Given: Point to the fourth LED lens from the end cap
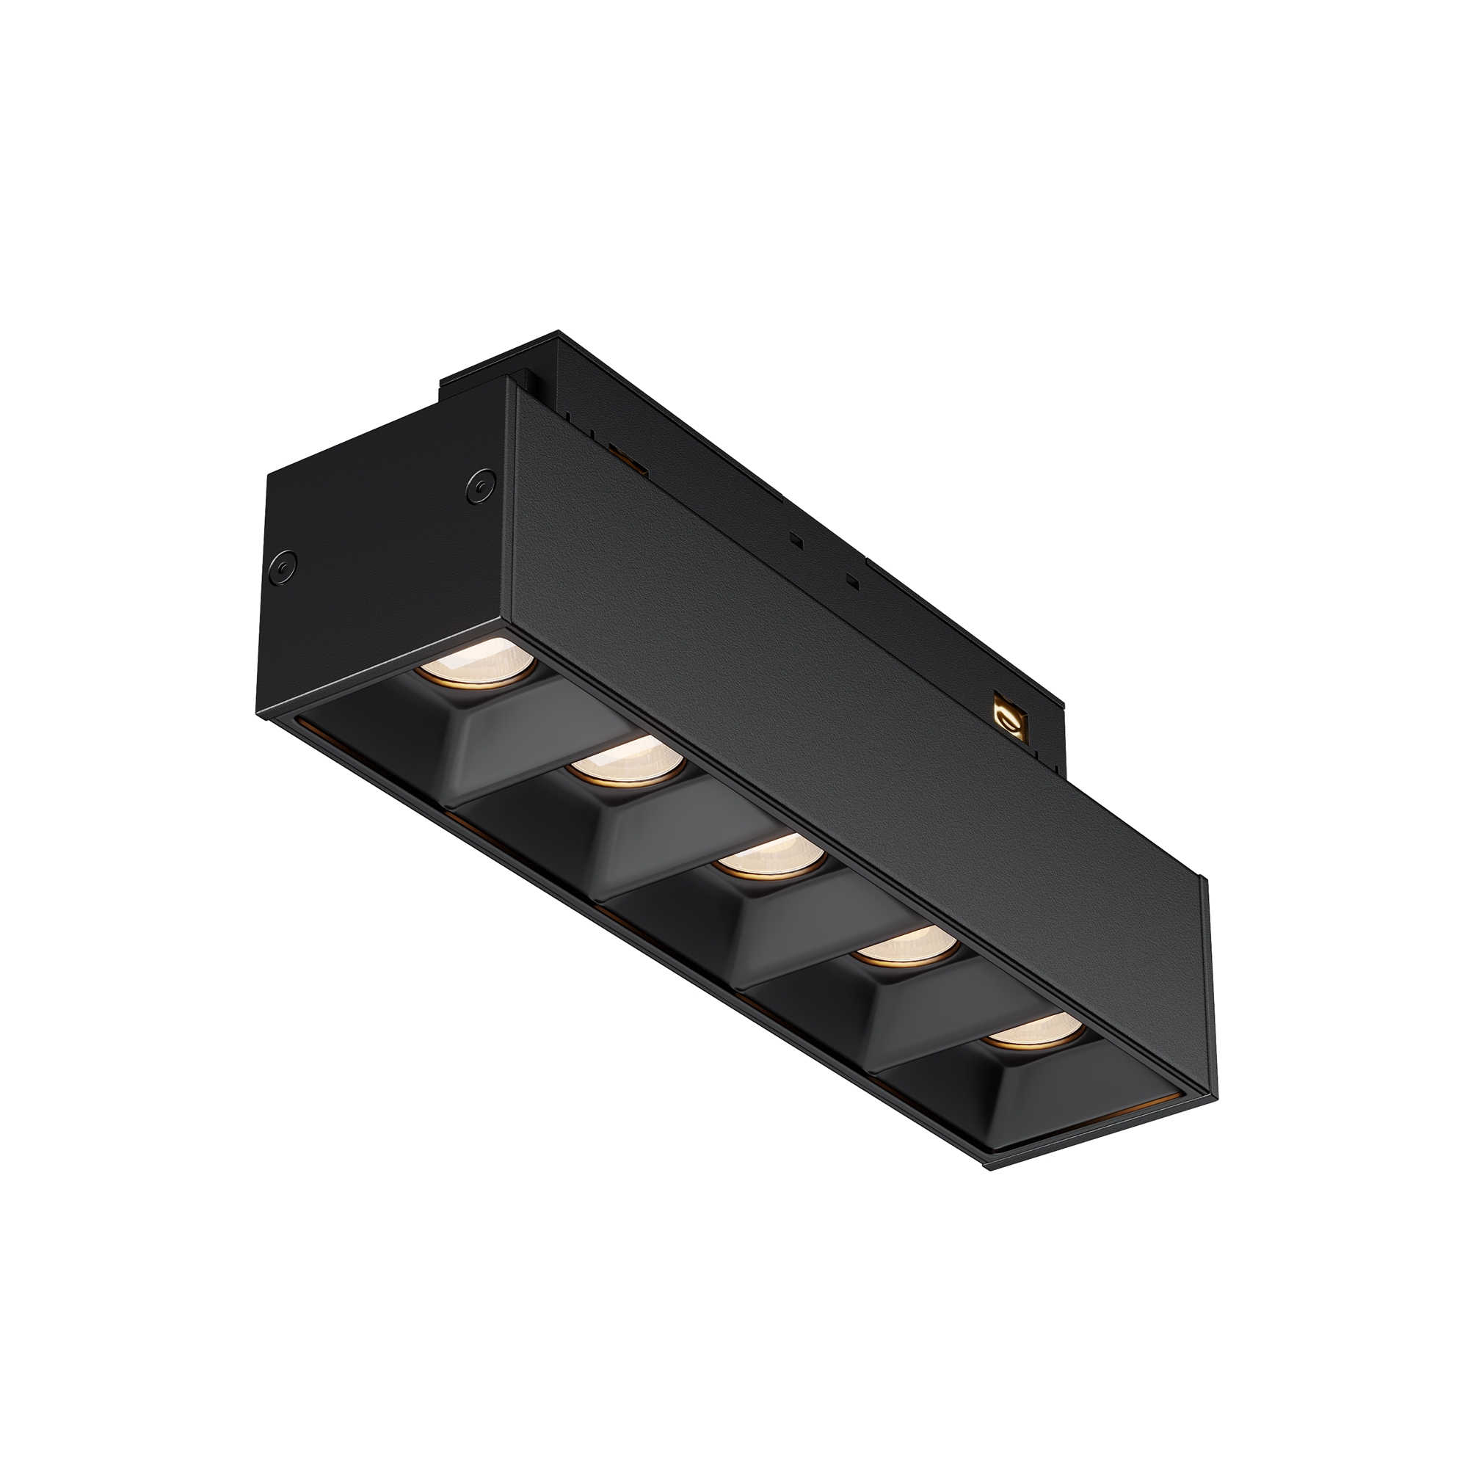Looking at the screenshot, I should pos(906,946).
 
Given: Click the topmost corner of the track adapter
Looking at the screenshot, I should pos(559,332).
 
